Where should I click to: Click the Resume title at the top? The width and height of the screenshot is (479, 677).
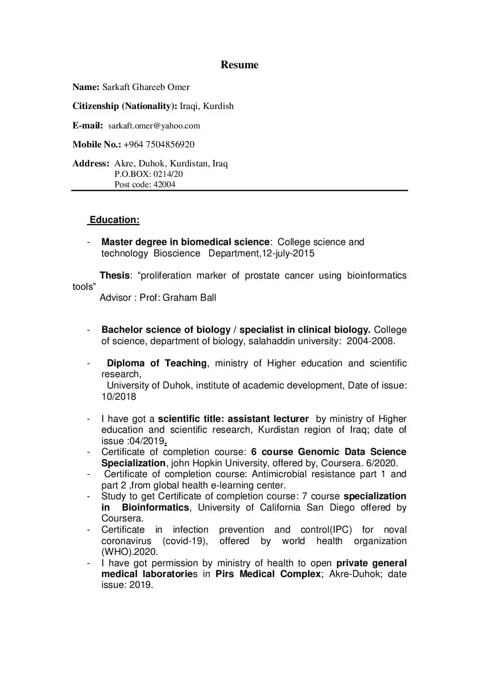pyautogui.click(x=239, y=65)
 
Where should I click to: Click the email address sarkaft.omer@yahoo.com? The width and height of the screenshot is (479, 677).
pyautogui.click(x=154, y=126)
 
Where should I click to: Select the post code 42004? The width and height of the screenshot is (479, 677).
pyautogui.click(x=164, y=185)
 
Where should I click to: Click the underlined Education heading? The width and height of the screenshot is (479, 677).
pyautogui.click(x=115, y=220)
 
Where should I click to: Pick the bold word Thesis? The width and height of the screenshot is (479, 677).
pyautogui.click(x=115, y=275)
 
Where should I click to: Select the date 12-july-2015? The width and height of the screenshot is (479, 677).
pyautogui.click(x=288, y=253)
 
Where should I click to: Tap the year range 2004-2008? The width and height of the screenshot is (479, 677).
pyautogui.click(x=370, y=341)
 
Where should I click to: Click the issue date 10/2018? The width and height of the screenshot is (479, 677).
pyautogui.click(x=119, y=397)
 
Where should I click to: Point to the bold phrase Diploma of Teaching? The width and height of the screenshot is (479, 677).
pyautogui.click(x=157, y=363)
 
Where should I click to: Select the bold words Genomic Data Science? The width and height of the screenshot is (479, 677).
pyautogui.click(x=352, y=452)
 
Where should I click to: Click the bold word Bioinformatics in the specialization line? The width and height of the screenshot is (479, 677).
pyautogui.click(x=155, y=507)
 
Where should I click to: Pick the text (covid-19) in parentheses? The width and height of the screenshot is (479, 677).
pyautogui.click(x=185, y=541)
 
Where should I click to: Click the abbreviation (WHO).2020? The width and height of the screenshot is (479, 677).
pyautogui.click(x=129, y=552)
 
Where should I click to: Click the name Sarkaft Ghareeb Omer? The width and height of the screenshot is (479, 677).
pyautogui.click(x=146, y=87)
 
